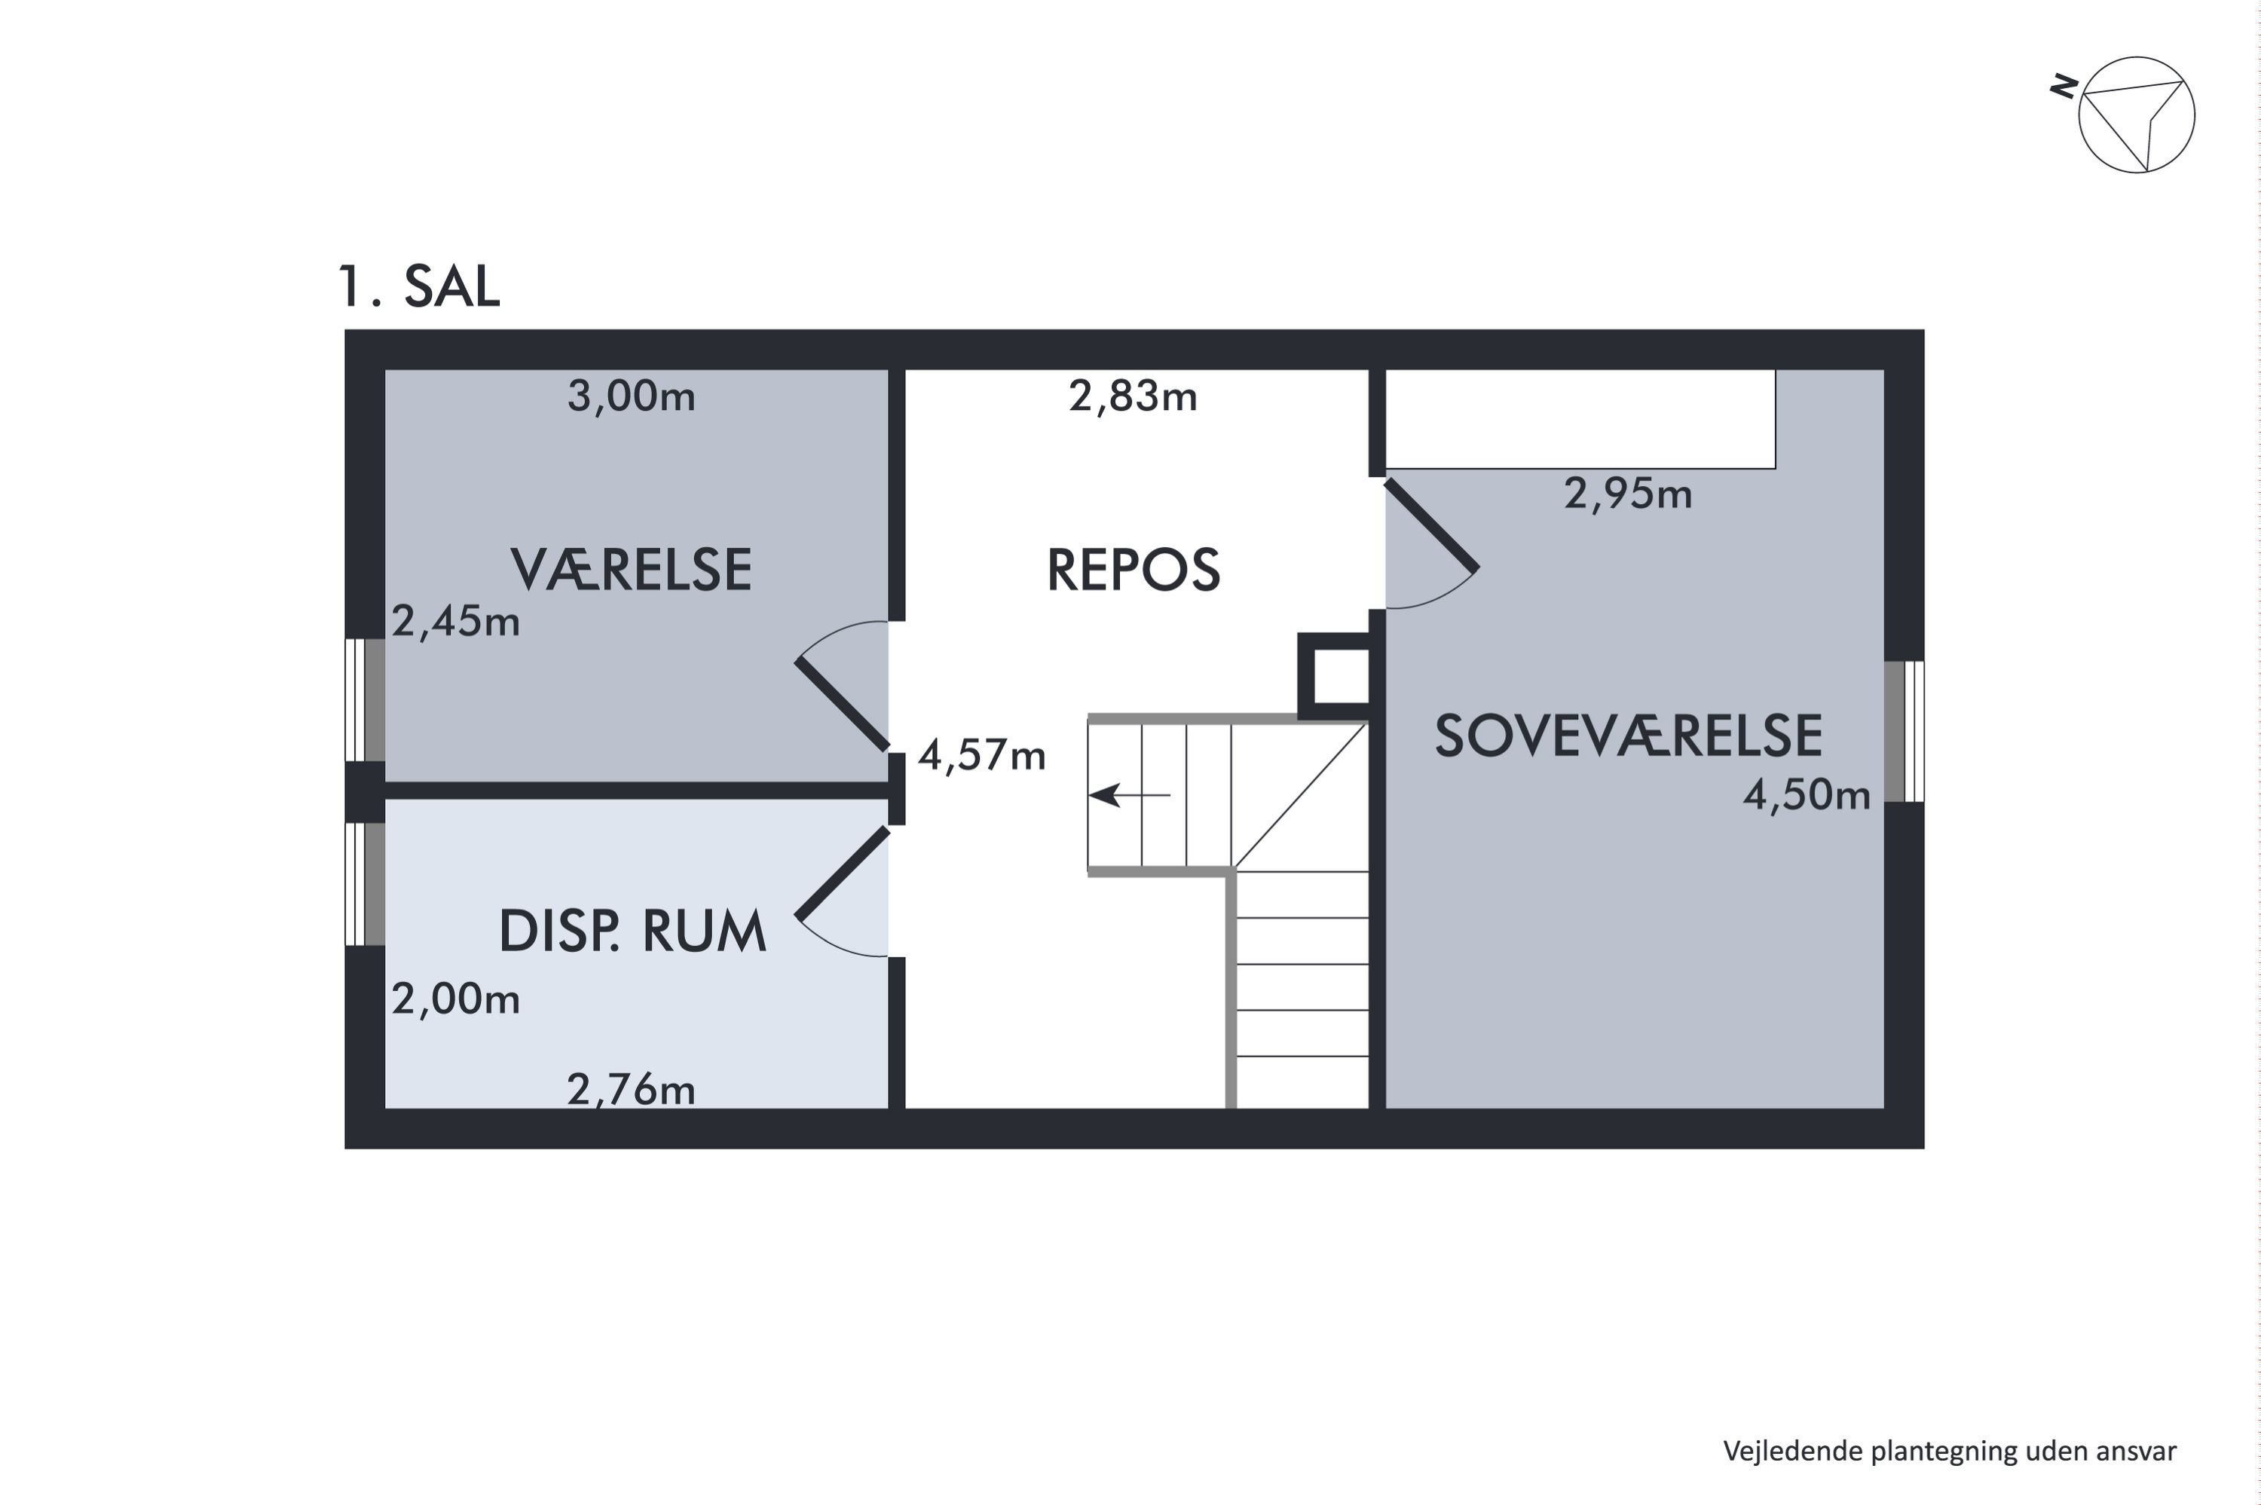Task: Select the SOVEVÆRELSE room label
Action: (1629, 736)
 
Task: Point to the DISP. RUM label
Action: (632, 931)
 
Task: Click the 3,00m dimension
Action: (632, 396)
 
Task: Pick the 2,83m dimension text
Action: (1134, 396)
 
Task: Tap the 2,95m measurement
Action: (1629, 494)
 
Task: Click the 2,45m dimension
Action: (456, 622)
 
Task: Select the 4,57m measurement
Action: (982, 755)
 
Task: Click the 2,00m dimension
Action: (456, 999)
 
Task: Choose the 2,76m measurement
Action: (632, 1090)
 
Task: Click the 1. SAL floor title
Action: (419, 286)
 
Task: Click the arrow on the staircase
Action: (1130, 795)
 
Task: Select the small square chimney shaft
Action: (1334, 676)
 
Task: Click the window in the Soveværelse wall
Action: (1904, 731)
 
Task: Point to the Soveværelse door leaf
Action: (1432, 524)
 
